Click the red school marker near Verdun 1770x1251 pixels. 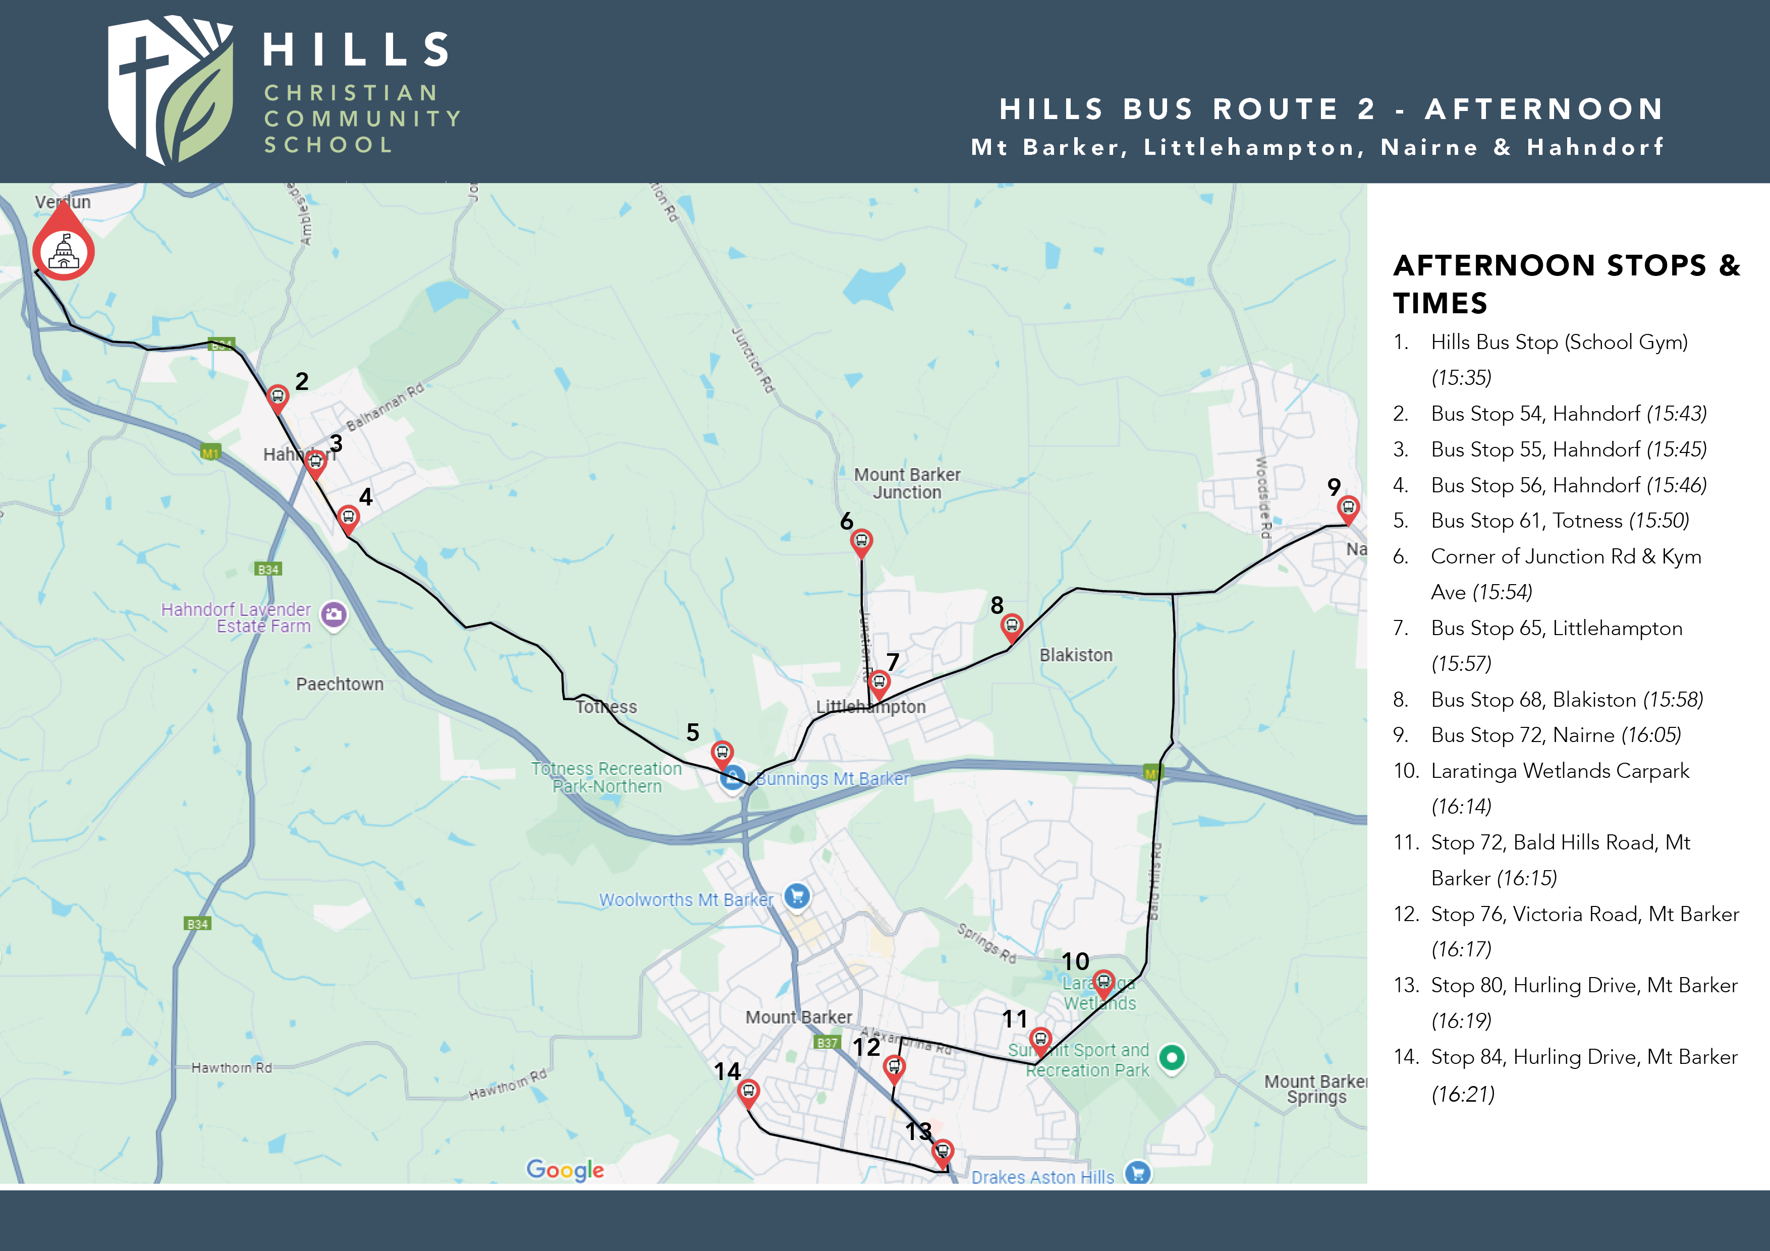point(63,248)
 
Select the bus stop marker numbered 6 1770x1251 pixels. point(861,541)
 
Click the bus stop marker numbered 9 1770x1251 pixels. point(1348,507)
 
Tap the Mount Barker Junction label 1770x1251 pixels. point(907,483)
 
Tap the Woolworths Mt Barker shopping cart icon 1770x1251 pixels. point(797,896)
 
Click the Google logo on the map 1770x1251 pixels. point(565,1169)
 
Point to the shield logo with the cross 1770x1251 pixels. point(170,89)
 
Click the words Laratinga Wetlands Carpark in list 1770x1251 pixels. point(1560,771)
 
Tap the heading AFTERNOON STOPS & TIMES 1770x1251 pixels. point(1565,283)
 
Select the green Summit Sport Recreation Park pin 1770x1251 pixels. point(1171,1057)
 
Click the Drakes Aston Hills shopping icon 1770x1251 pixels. point(1137,1173)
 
